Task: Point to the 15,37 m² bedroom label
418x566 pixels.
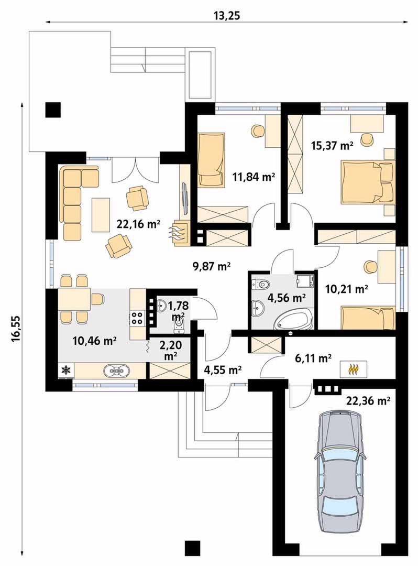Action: tap(332, 146)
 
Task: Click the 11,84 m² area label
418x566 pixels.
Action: tap(254, 177)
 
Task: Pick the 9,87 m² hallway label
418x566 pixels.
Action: tap(211, 266)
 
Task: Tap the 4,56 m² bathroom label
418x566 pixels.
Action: tap(287, 298)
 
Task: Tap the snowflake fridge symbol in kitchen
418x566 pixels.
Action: tap(66, 369)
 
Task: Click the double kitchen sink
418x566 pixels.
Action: tap(117, 371)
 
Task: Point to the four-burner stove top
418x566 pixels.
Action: tap(137, 318)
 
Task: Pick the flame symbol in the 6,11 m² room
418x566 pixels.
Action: tap(353, 369)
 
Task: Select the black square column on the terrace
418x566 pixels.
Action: tap(53, 110)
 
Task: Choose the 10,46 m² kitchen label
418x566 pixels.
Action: tap(94, 341)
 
